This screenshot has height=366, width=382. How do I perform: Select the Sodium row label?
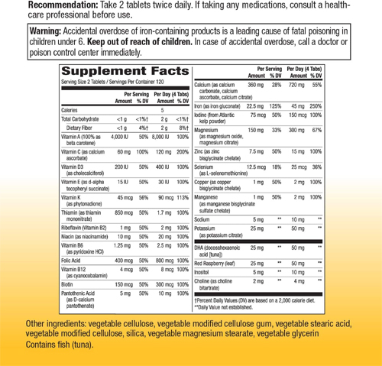coord(202,219)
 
